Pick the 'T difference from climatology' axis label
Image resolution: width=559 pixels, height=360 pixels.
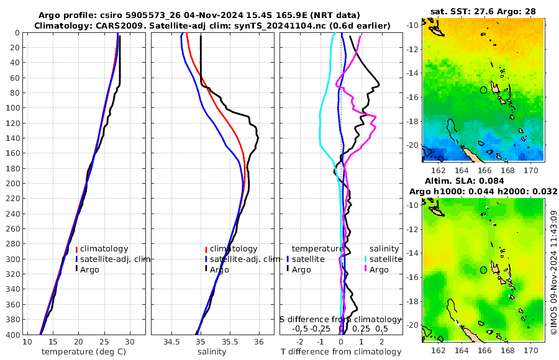(x=341, y=352)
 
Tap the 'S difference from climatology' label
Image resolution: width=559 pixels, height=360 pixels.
(x=340, y=319)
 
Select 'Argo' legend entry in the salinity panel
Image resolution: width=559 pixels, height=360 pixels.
(x=219, y=269)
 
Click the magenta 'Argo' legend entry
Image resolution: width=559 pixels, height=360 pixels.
(x=378, y=269)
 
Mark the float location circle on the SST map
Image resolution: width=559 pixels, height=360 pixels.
(x=484, y=90)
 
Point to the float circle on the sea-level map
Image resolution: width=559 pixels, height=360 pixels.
(x=484, y=270)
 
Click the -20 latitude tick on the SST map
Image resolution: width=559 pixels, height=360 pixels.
(x=412, y=145)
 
